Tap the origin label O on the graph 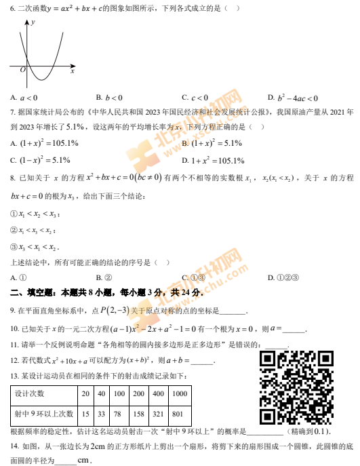(22, 69)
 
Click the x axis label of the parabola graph (72, 71)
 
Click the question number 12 (14, 361)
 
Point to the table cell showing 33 (101, 413)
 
